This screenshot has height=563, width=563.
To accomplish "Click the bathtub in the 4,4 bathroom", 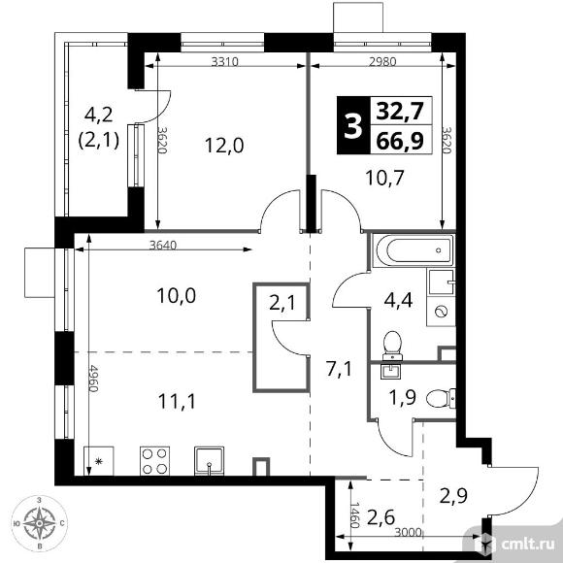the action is tap(414, 250).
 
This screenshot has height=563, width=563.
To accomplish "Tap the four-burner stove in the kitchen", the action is tap(154, 461).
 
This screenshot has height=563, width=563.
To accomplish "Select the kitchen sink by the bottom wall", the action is tap(209, 461).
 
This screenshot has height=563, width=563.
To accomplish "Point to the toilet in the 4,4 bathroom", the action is tap(392, 346).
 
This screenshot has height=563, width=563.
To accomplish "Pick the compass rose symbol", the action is tap(39, 523).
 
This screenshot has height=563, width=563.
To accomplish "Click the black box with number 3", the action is tap(353, 125).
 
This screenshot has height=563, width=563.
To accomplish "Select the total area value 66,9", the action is tap(400, 141).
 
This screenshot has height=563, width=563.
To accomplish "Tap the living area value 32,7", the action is tap(400, 112).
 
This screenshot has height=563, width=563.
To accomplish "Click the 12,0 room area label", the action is tap(224, 146).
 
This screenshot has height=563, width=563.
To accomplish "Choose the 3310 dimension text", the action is tap(225, 62).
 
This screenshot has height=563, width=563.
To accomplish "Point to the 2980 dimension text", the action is tap(382, 62).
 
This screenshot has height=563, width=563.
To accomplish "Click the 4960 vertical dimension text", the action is tap(93, 379).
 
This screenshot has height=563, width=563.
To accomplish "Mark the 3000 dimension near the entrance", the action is tap(408, 533).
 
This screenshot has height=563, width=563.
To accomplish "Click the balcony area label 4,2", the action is tap(99, 115).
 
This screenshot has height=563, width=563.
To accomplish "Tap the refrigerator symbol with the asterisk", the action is tap(99, 461).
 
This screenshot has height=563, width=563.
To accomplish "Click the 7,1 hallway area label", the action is tap(339, 370).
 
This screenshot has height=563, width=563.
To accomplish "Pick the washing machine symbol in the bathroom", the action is tap(441, 311).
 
